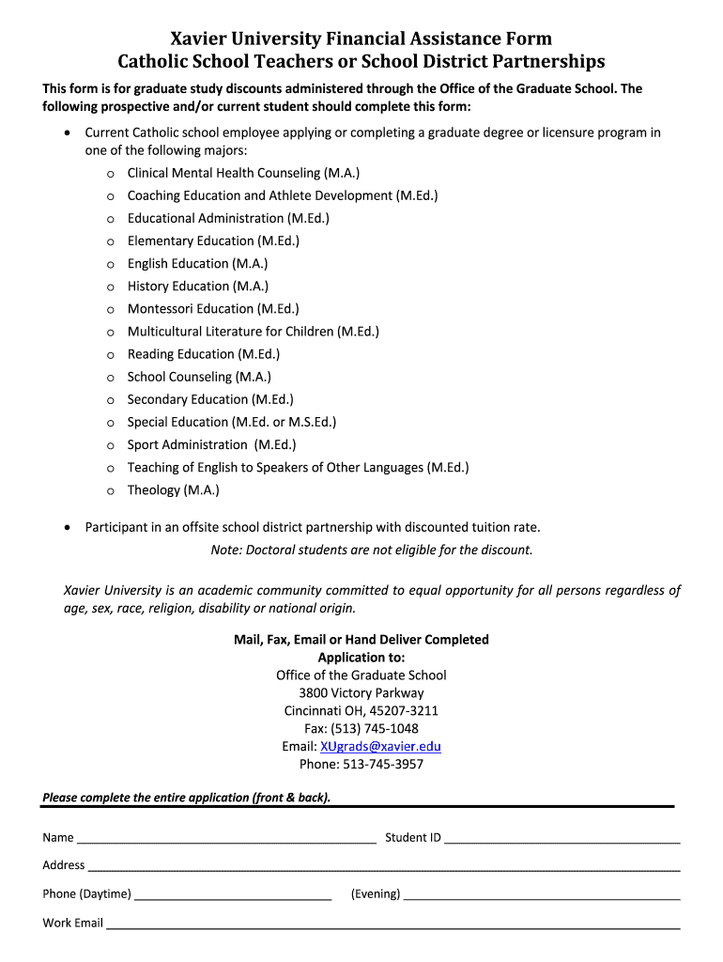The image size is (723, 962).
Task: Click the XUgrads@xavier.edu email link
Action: (x=380, y=747)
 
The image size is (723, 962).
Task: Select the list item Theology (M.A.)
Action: (x=173, y=490)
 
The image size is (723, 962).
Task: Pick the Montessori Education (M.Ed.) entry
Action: (x=213, y=309)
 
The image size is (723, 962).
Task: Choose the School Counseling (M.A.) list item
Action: (x=199, y=377)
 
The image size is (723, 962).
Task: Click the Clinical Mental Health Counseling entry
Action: (x=243, y=173)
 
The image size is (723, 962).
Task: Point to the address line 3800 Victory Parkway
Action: (x=361, y=693)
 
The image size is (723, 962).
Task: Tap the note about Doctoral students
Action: (x=372, y=551)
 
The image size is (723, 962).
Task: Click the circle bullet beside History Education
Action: (x=110, y=287)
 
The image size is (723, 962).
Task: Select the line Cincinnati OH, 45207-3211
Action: (x=361, y=711)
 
